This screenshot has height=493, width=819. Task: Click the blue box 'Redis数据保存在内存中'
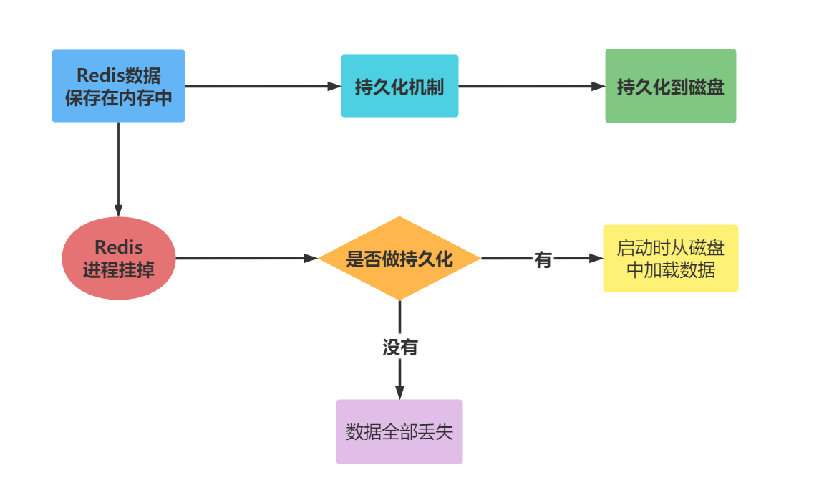point(118,86)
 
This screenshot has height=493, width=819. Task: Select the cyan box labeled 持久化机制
point(399,86)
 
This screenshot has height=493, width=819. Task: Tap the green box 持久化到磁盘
point(670,86)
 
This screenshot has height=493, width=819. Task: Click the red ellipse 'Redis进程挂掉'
point(119,258)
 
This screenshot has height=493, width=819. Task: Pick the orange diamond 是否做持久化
point(399,258)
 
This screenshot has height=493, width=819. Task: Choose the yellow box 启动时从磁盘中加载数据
point(670,258)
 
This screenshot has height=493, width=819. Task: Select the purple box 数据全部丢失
point(399,431)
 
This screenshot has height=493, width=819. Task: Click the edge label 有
point(543,259)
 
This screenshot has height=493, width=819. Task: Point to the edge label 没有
point(399,348)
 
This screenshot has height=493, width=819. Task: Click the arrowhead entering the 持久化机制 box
point(334,86)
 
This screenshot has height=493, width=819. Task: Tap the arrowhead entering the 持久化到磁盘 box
point(598,86)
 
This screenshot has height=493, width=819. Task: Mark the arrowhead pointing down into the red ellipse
point(119,209)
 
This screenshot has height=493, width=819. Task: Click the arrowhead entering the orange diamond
point(311,258)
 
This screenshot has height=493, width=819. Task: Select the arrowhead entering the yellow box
point(596,258)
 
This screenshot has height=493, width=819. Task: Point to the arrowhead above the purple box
point(399,392)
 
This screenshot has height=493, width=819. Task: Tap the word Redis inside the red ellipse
point(119,248)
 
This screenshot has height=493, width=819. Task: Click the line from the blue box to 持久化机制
point(258,86)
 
